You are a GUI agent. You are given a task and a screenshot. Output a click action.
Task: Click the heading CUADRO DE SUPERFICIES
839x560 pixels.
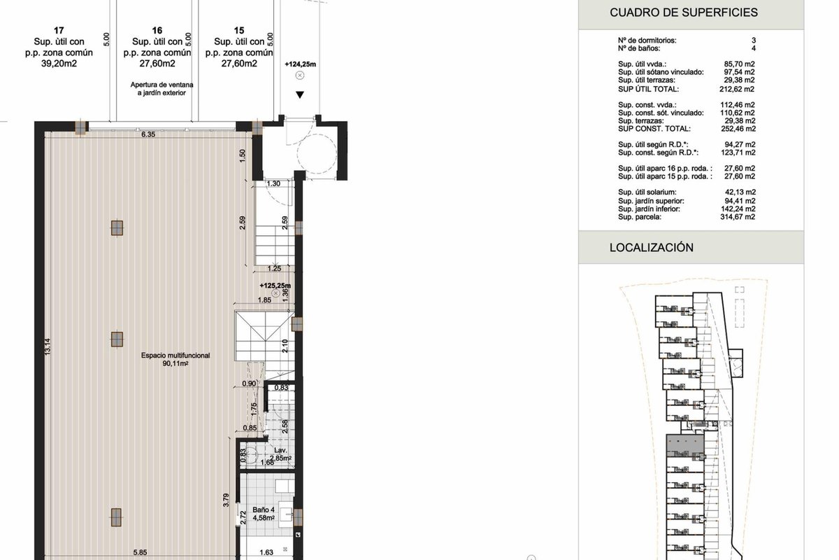[x=684, y=13]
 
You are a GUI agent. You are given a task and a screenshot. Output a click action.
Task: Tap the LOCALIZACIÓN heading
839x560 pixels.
[x=652, y=247]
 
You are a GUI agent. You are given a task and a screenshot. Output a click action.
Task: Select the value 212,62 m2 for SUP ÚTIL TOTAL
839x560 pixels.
[x=737, y=90]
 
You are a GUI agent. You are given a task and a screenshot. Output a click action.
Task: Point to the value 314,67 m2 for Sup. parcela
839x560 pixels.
[x=738, y=217]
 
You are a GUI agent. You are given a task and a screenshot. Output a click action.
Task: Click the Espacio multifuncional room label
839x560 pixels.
[x=175, y=355]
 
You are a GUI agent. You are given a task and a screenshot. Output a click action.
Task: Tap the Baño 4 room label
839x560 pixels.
[x=264, y=510]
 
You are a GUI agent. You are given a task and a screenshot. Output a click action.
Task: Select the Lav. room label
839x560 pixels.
[x=280, y=450]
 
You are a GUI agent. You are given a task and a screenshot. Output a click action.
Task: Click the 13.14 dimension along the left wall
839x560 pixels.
[x=48, y=346]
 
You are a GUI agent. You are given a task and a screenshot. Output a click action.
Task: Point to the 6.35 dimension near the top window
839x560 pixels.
[x=148, y=134]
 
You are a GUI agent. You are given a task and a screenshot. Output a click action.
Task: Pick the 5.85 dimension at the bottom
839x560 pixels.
[x=140, y=552]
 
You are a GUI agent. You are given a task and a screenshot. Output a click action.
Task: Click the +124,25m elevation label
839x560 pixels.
[x=301, y=64]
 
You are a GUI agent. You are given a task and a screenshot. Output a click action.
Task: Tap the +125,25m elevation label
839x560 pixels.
[x=275, y=286]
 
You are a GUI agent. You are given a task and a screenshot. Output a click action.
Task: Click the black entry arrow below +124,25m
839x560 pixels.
[x=300, y=95]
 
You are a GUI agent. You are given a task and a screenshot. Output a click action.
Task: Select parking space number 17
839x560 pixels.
[x=59, y=30]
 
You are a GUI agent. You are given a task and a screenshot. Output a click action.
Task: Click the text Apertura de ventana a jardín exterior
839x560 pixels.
[x=162, y=89]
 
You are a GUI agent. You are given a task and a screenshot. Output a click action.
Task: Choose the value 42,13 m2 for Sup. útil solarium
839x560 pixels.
[x=740, y=192]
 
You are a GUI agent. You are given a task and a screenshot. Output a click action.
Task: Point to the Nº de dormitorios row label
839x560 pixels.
[x=647, y=40]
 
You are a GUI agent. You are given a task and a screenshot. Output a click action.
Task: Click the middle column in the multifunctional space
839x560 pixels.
[x=117, y=339]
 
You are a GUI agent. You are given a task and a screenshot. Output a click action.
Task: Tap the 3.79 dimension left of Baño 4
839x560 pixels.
[x=226, y=500]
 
